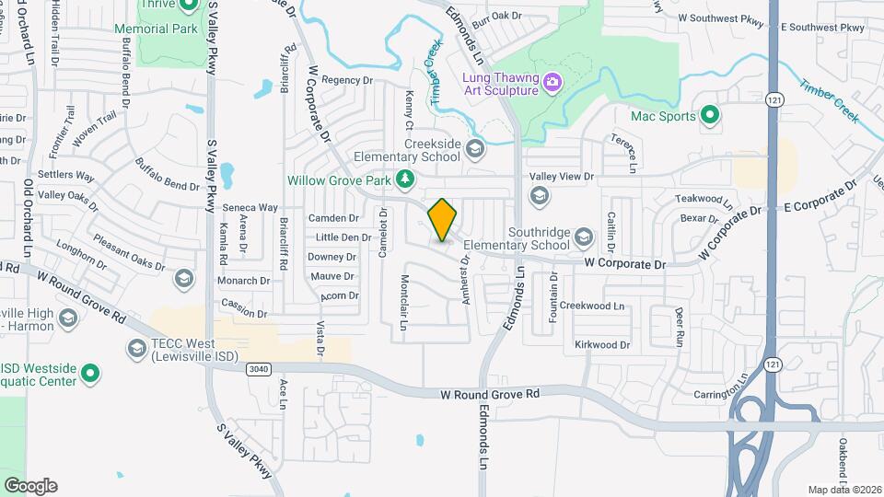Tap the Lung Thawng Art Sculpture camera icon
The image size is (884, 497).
552,82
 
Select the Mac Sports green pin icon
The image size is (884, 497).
710,116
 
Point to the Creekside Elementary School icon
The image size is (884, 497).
475,149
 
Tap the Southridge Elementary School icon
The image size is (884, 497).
583,238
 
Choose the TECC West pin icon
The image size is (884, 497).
136,349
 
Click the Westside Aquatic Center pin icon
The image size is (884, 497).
89,374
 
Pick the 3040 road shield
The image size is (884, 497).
260,369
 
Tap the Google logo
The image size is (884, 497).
30,486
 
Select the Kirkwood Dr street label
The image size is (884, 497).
602,345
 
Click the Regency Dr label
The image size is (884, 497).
346,80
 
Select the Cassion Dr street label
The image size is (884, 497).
244,303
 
